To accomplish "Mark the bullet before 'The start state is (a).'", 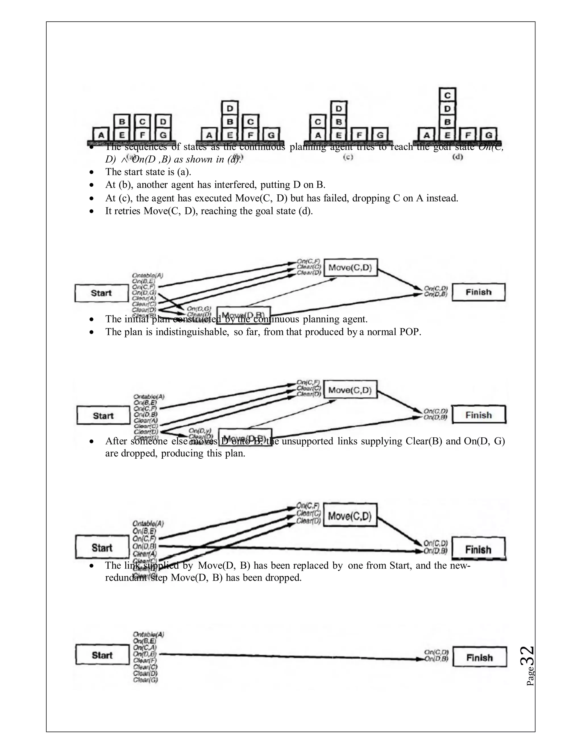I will pos(91,172).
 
